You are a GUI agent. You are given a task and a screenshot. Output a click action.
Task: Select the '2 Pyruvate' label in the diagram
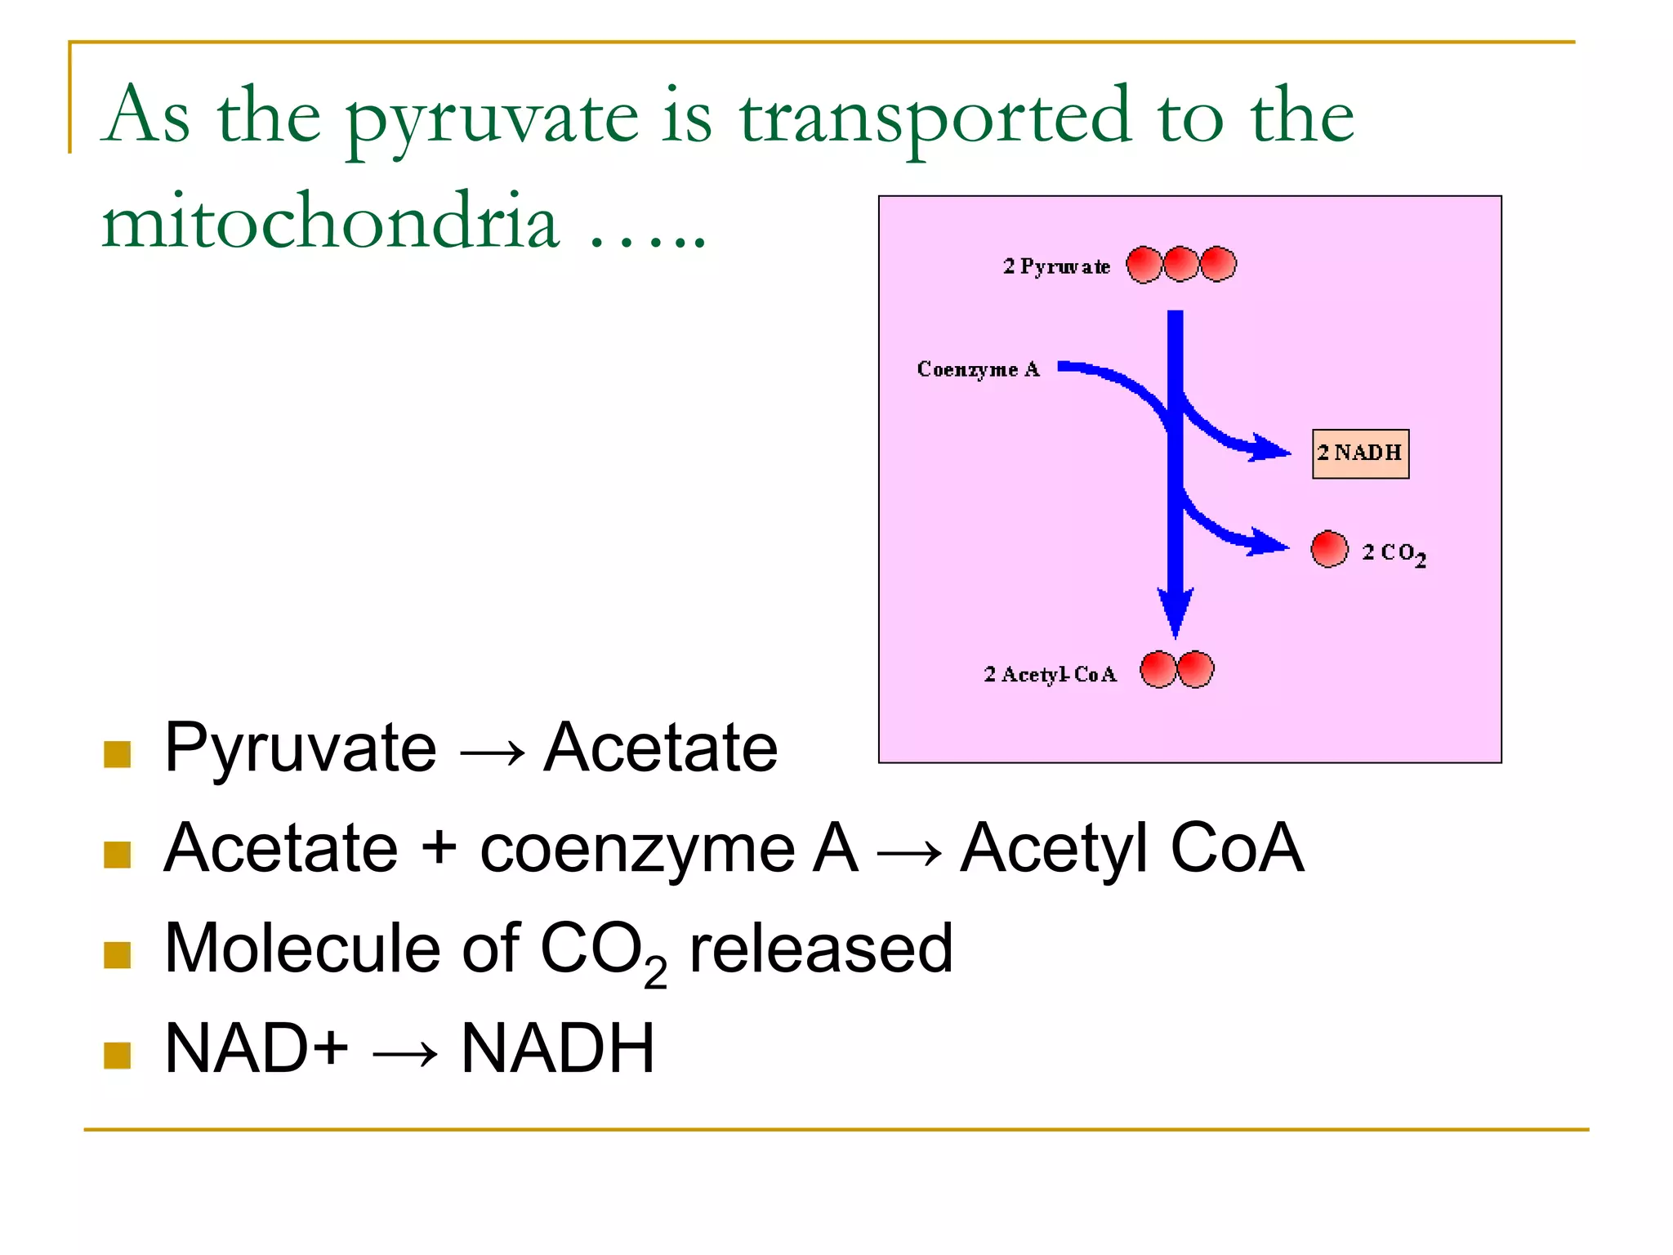coord(1056,266)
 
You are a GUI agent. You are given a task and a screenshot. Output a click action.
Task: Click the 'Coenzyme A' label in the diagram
coord(978,369)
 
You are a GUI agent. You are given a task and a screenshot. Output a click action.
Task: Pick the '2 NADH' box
coord(1360,453)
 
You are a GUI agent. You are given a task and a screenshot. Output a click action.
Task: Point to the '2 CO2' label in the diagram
coord(1394,553)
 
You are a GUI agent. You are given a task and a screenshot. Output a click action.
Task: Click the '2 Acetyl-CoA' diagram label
coord(1050,674)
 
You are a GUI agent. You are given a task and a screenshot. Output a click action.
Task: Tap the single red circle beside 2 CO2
coord(1329,548)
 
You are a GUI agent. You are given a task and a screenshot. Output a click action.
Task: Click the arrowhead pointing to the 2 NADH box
coord(1271,449)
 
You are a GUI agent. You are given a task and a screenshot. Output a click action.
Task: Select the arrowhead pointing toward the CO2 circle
coord(1269,543)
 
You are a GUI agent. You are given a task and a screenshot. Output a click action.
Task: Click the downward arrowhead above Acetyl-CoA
coord(1176,612)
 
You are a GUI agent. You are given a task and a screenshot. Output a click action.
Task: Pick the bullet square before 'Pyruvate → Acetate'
coord(118,754)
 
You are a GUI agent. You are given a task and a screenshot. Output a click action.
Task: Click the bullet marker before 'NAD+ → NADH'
coord(118,1055)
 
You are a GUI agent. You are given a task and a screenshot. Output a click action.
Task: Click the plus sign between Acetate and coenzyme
coord(439,846)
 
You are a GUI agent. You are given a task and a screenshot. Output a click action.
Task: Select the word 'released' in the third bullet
coord(821,949)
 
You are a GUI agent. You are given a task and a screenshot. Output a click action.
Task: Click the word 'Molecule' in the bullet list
coord(300,949)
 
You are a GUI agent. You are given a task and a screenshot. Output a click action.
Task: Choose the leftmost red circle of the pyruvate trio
coord(1144,265)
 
